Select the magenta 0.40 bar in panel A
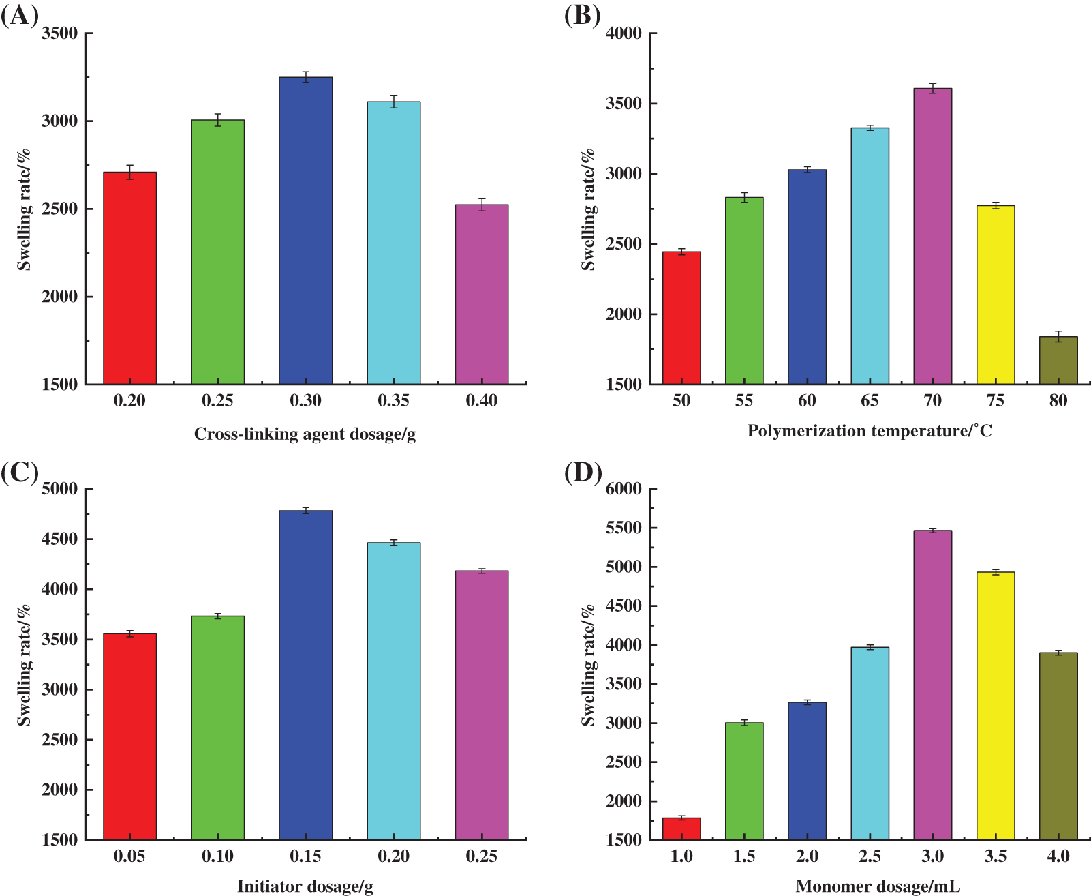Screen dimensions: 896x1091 click(x=481, y=295)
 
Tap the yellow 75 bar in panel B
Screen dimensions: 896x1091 click(x=995, y=295)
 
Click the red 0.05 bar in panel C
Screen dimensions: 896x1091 click(x=129, y=736)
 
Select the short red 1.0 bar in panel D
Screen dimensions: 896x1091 click(x=681, y=828)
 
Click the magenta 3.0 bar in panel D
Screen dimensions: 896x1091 click(x=932, y=685)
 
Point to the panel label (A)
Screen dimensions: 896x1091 click(x=20, y=15)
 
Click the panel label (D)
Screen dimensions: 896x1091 click(x=583, y=471)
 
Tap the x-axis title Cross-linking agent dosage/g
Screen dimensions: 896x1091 click(x=305, y=434)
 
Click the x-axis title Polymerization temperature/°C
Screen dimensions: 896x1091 click(x=870, y=431)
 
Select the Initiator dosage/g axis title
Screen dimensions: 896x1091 click(x=305, y=886)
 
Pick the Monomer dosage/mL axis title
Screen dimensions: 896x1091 click(x=878, y=886)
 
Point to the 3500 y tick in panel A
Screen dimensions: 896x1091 click(x=59, y=33)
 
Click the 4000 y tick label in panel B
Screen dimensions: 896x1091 click(x=624, y=33)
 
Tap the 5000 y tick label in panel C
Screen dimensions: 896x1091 click(x=59, y=489)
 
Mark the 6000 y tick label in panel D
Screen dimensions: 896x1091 click(x=624, y=489)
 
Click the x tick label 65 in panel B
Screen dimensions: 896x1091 click(x=870, y=401)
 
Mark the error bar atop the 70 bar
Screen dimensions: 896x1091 click(x=932, y=88)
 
